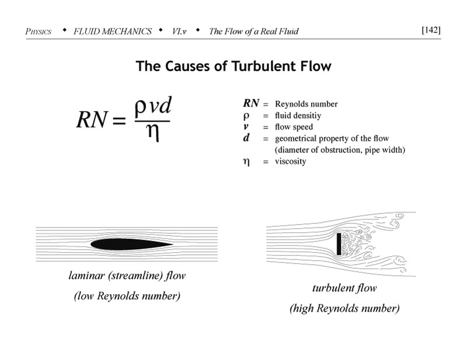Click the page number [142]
pyautogui.click(x=431, y=30)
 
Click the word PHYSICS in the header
pyautogui.click(x=39, y=32)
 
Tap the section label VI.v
pyautogui.click(x=179, y=31)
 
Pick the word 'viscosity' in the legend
pyautogui.click(x=290, y=162)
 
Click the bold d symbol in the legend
pyautogui.click(x=246, y=138)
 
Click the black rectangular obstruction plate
pyautogui.click(x=339, y=244)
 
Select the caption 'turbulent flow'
pyautogui.click(x=344, y=288)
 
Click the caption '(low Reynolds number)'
pyautogui.click(x=127, y=296)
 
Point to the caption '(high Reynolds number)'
pyautogui.click(x=344, y=308)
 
